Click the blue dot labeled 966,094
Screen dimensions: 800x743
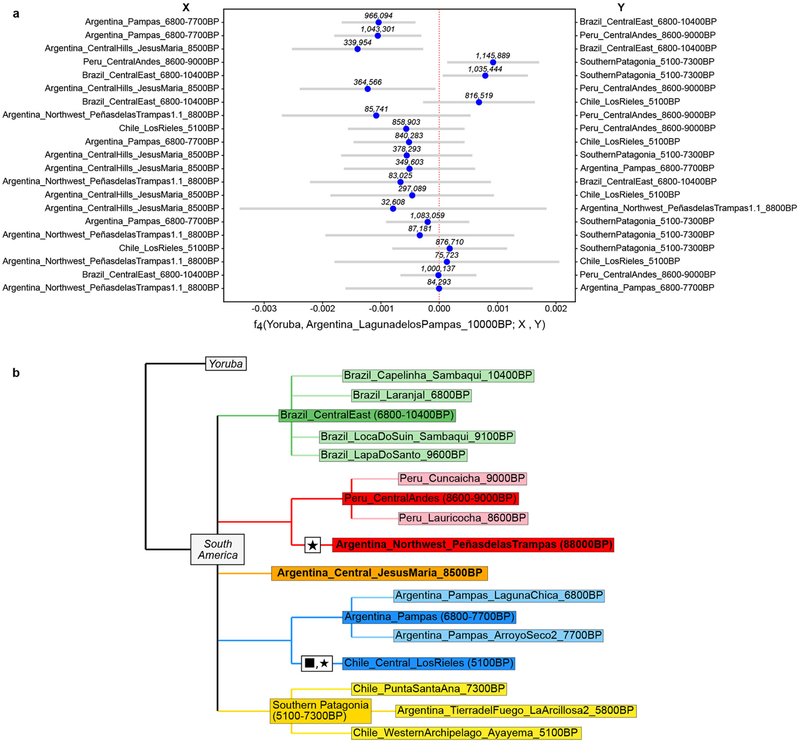378,22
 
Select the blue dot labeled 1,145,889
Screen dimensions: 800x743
493,62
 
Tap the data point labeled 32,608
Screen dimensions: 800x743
393,208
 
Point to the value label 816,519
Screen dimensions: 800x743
478,95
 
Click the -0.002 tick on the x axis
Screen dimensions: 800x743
322,308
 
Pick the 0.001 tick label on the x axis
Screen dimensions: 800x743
498,308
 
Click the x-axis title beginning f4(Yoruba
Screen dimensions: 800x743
399,324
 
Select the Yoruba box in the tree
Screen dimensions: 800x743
226,364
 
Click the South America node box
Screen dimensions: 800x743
218,549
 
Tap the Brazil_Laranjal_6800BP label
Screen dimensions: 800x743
411,395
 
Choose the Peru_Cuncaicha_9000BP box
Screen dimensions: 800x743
462,479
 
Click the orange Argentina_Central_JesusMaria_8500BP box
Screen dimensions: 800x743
379,573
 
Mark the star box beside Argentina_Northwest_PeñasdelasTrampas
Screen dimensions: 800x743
313,545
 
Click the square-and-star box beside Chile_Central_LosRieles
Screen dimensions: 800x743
317,663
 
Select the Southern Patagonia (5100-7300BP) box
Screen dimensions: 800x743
321,711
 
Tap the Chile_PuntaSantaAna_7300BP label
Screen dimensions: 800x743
429,689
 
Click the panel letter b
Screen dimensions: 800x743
16,372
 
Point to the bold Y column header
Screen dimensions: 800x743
621,7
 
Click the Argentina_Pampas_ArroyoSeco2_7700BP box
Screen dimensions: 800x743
498,636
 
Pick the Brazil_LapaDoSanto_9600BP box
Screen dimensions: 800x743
393,455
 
